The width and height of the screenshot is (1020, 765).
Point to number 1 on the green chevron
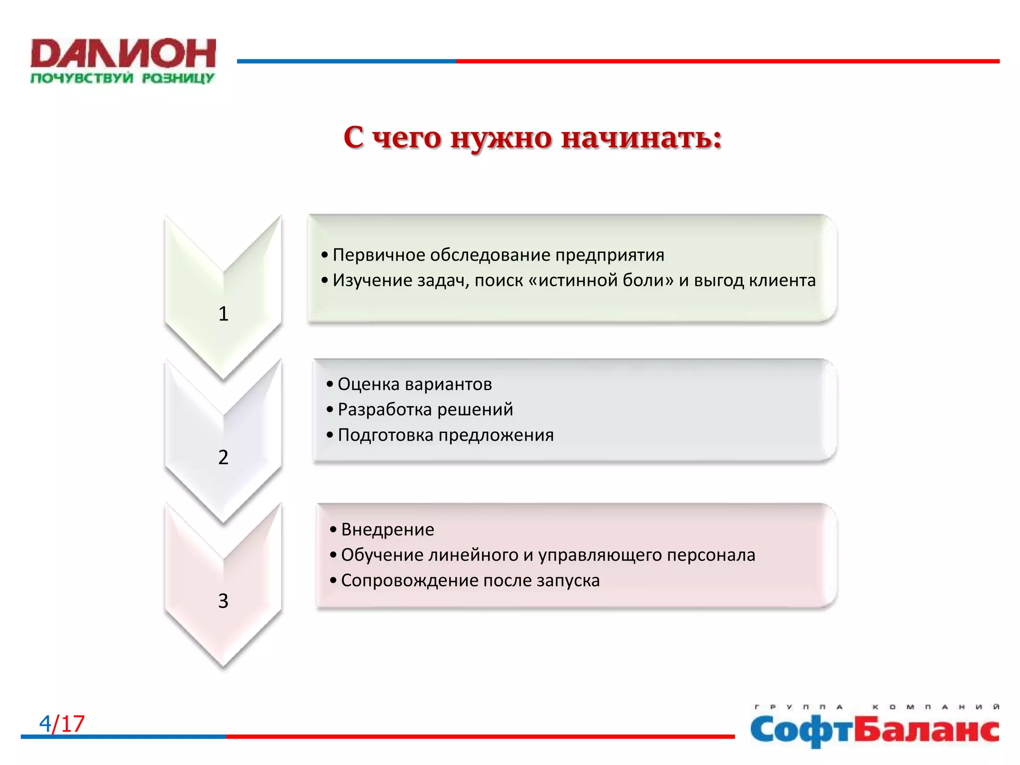(223, 314)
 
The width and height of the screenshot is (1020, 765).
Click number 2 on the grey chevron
(223, 457)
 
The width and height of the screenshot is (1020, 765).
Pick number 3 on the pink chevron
(223, 601)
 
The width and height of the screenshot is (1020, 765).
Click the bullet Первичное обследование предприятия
(498, 255)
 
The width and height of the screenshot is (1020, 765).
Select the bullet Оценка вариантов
(414, 384)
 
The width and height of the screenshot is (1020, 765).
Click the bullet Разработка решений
(425, 410)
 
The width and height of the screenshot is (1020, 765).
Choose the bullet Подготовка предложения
(445, 435)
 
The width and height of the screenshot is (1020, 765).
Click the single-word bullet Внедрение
(387, 529)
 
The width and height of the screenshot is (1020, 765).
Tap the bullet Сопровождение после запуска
(470, 581)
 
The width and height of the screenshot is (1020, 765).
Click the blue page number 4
(45, 724)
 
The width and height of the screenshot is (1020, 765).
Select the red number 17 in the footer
(73, 724)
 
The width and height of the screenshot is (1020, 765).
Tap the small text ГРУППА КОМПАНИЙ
(877, 707)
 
